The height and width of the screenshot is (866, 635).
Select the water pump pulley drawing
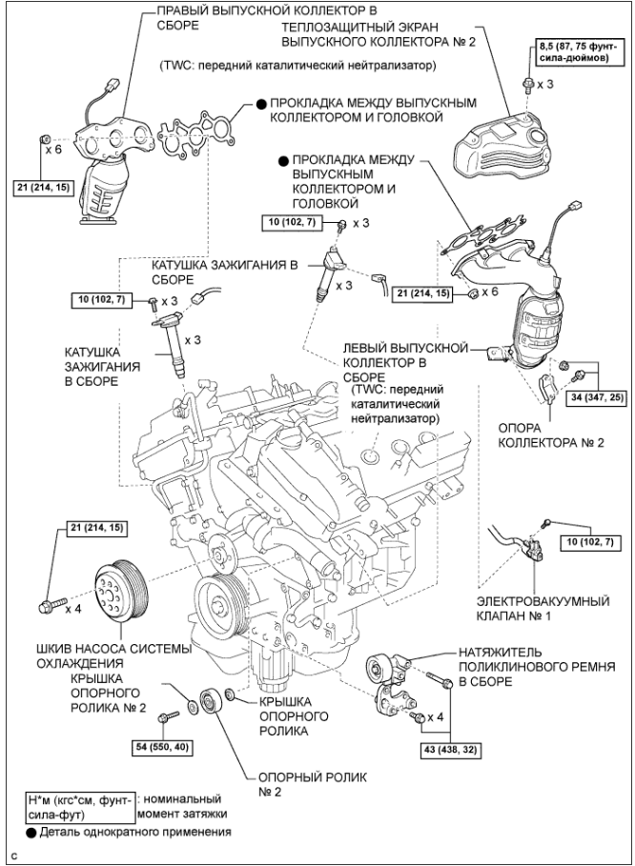[x=120, y=590]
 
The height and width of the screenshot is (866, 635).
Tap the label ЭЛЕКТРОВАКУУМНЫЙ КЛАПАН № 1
[x=543, y=608]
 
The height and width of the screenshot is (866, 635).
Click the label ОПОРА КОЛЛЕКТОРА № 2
[x=551, y=435]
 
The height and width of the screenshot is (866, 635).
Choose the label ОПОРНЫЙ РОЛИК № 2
[x=312, y=784]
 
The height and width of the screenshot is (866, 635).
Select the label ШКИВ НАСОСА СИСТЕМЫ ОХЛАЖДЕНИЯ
[x=113, y=655]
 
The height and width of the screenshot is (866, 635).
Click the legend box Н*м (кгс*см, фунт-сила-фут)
[x=81, y=806]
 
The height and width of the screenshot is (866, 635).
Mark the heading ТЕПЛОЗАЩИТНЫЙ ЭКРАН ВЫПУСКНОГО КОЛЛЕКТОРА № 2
[x=378, y=34]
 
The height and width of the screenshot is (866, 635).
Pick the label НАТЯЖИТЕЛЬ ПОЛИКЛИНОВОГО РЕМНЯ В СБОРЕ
[x=537, y=667]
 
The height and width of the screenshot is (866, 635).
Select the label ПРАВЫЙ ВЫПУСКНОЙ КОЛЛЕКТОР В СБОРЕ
[x=268, y=18]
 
